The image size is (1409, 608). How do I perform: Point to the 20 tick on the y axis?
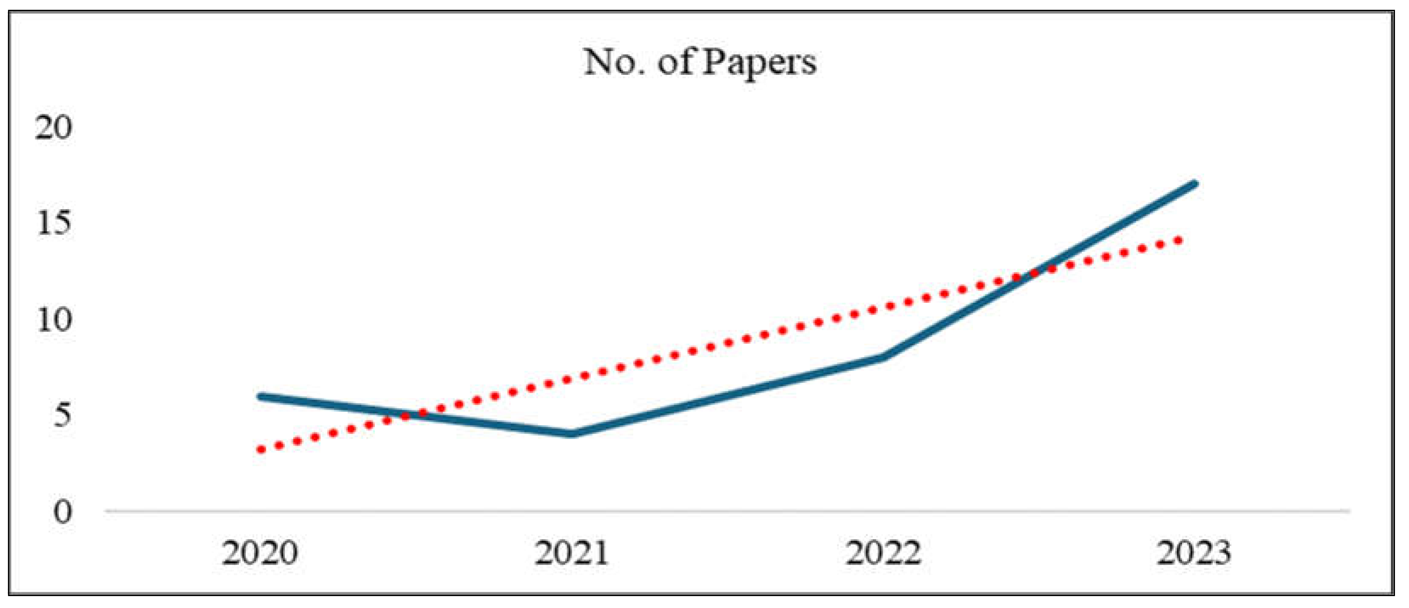tap(54, 128)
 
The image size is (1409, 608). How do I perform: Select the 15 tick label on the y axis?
tap(54, 224)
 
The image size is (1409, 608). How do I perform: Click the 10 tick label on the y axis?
tap(54, 320)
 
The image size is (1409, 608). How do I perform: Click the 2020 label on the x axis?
tap(260, 553)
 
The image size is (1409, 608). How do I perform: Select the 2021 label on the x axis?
tap(572, 553)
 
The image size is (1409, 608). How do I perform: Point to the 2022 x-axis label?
tap(883, 553)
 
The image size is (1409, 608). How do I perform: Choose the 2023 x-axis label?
tap(1194, 553)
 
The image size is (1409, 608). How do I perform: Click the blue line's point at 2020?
tap(261, 396)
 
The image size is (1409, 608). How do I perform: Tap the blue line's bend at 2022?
tap(883, 357)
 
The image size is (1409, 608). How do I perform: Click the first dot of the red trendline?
tap(261, 450)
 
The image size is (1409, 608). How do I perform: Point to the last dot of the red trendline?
tap(1179, 240)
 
